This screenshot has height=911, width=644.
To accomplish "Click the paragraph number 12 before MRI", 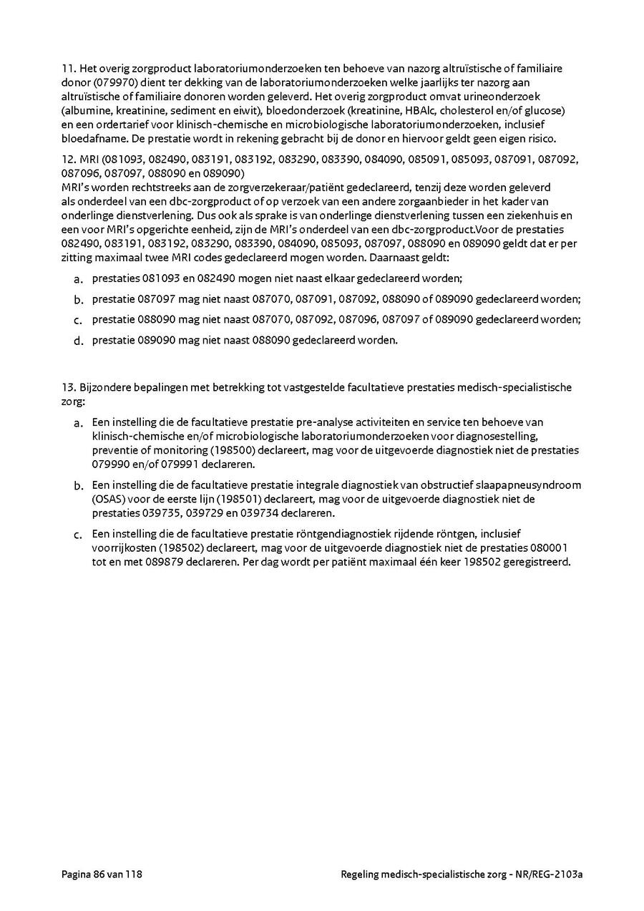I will pyautogui.click(x=69, y=158).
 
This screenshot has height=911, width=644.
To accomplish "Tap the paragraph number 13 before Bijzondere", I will pyautogui.click(x=69, y=387).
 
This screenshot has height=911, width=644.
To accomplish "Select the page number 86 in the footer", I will pyautogui.click(x=98, y=874).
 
